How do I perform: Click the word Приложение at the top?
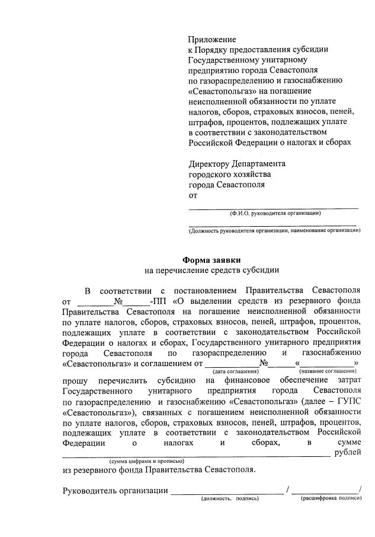211,39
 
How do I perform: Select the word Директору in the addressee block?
212,164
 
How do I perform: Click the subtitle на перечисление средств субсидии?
211,269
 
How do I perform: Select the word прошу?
75,380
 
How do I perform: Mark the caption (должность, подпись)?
230,498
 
